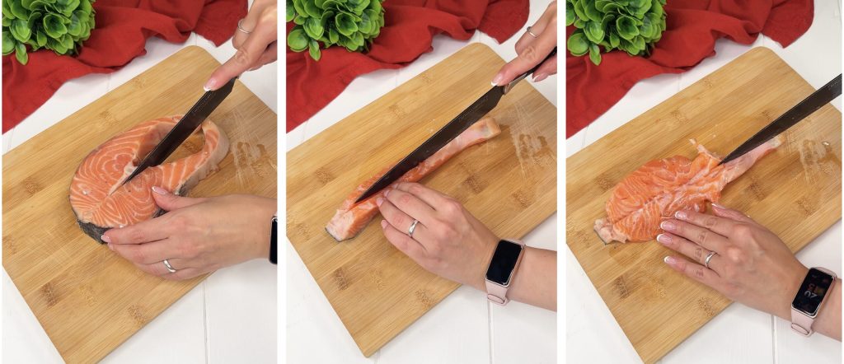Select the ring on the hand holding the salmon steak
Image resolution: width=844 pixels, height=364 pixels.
click(169, 266)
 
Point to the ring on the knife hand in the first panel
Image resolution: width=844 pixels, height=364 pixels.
click(245, 27)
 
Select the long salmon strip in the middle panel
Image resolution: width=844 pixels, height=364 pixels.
click(412, 177)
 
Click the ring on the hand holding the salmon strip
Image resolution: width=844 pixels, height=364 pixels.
click(413, 228)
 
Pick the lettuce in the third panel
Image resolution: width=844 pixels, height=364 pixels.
click(614, 25)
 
